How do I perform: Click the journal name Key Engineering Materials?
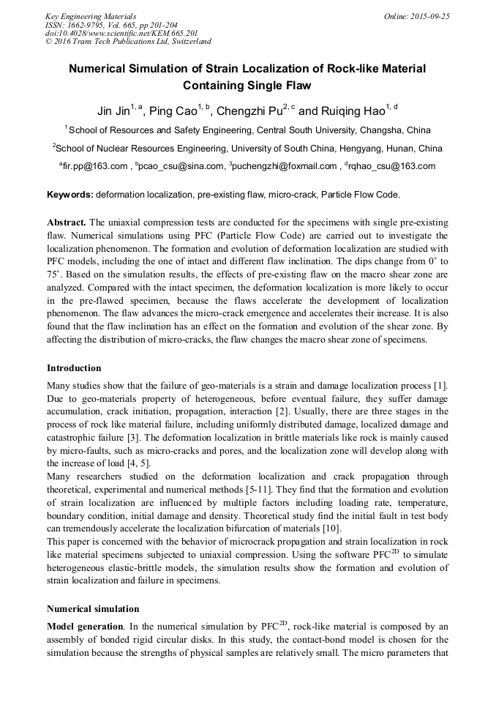tap(90, 15)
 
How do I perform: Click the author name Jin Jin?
tap(113, 111)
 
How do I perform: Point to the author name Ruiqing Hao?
tap(352, 111)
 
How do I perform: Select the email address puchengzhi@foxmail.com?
tap(285, 166)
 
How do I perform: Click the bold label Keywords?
tap(70, 195)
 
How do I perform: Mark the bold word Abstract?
tap(67, 222)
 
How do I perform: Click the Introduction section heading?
tap(74, 367)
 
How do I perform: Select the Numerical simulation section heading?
tap(92, 608)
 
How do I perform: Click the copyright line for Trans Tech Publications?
tap(128, 42)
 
